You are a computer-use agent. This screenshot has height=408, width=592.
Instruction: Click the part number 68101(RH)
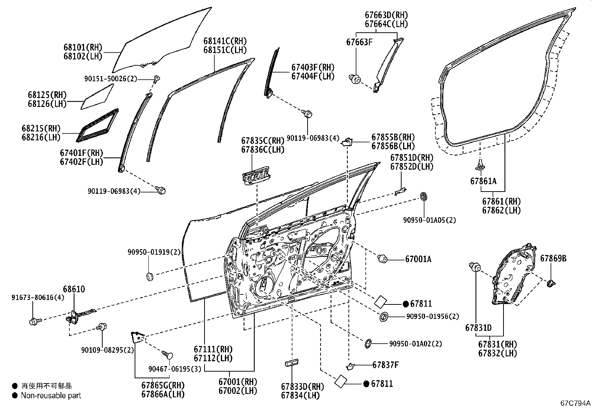(83, 48)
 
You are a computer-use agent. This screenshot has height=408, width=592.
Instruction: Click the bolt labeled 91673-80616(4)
(33, 321)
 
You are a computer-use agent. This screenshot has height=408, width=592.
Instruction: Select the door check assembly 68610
(76, 316)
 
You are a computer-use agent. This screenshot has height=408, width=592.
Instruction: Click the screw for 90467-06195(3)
(168, 355)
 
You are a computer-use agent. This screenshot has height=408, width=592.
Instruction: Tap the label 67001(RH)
(238, 382)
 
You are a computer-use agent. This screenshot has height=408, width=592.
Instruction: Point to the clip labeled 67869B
(551, 284)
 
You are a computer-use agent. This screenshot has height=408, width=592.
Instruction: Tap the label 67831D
(478, 328)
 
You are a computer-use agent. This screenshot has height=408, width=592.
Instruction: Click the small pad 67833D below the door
(292, 363)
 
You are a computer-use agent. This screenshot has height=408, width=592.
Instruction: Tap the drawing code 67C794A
(575, 403)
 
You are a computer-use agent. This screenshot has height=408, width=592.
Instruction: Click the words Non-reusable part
(51, 395)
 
